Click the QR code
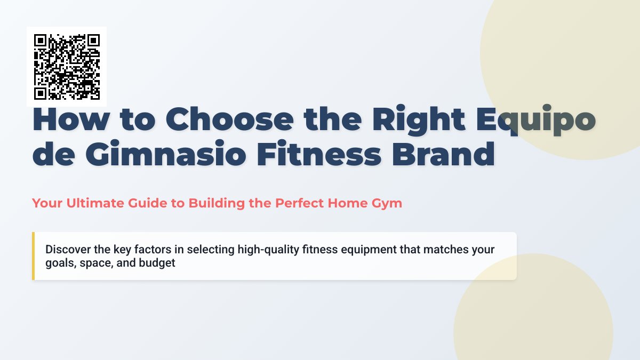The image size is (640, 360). click(67, 67)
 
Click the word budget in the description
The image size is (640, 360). click(157, 263)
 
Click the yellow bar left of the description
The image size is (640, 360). click(33, 256)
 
